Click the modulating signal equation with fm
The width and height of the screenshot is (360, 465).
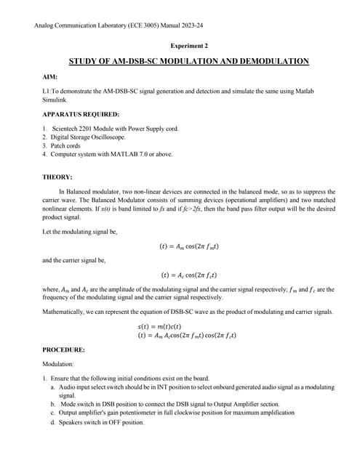pos(189,246)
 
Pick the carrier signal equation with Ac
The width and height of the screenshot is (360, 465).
pos(189,275)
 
